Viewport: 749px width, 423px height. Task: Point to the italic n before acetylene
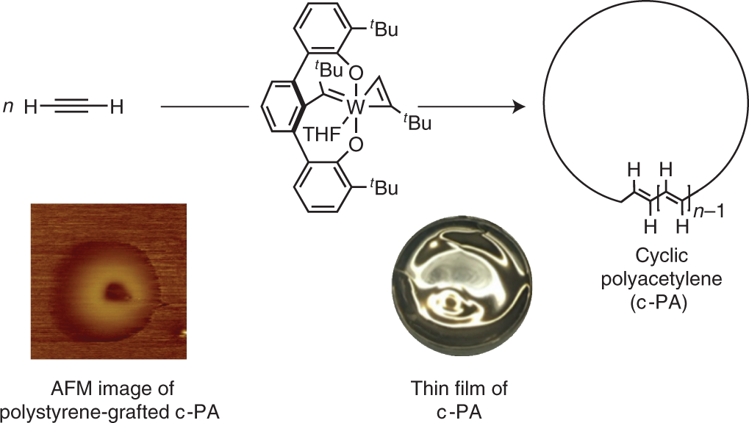click(x=9, y=108)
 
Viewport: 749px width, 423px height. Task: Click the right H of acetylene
click(x=116, y=108)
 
